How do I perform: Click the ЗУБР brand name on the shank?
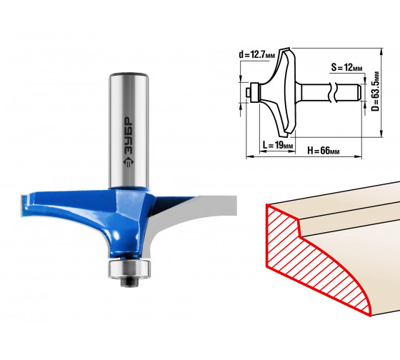(x=129, y=136)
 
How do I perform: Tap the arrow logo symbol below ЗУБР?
(x=129, y=163)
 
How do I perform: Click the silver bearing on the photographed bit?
(x=129, y=269)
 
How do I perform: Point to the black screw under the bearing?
(x=129, y=281)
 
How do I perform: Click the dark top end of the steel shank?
(x=129, y=75)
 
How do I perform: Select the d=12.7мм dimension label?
(x=257, y=54)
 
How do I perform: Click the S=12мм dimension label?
(x=346, y=67)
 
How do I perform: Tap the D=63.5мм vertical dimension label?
(x=375, y=91)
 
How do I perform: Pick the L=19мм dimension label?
(x=278, y=145)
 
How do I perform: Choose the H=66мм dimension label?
(x=324, y=151)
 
